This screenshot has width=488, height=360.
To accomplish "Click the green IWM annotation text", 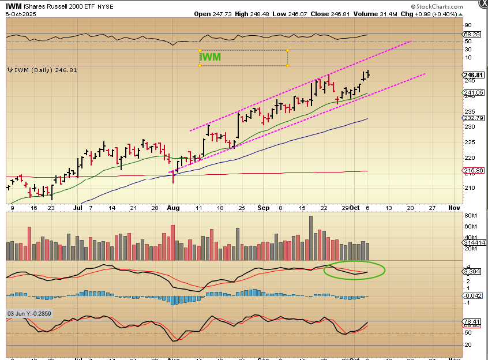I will [x=211, y=57].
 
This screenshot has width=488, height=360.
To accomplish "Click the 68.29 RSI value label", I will [x=474, y=35].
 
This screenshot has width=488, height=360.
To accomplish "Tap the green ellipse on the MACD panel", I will [x=354, y=270].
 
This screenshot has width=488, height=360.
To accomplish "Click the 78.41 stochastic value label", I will [x=474, y=322].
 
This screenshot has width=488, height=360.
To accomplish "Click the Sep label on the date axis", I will [x=263, y=206].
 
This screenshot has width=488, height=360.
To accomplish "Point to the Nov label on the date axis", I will [x=454, y=206].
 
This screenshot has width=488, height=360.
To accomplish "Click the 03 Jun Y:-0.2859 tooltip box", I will [x=29, y=313].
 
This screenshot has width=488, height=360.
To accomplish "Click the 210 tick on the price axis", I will [x=470, y=187].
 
